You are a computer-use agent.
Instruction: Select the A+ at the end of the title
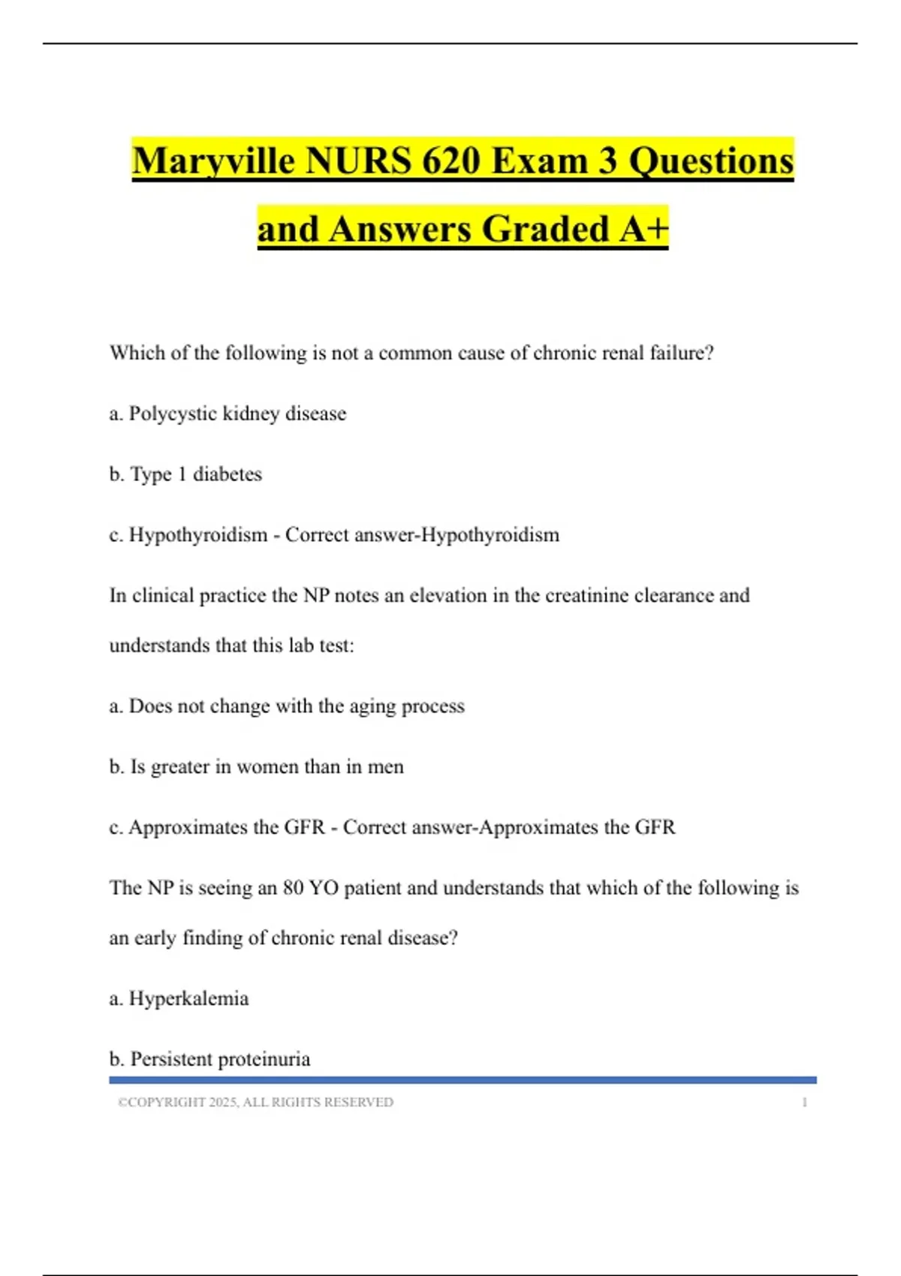pos(643,229)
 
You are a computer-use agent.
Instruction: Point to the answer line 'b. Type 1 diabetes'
pos(185,474)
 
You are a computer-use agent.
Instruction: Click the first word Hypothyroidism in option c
pos(198,535)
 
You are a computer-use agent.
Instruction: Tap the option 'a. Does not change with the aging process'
pos(287,706)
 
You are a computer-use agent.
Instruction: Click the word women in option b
pos(267,767)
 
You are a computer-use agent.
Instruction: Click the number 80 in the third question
pos(293,888)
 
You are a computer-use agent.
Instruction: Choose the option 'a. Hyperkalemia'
pos(179,999)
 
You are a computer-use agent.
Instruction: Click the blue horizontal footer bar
pos(463,1080)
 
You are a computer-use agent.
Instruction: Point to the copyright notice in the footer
pos(255,1102)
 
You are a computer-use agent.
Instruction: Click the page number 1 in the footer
pos(804,1102)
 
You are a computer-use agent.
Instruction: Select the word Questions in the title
pos(710,161)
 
